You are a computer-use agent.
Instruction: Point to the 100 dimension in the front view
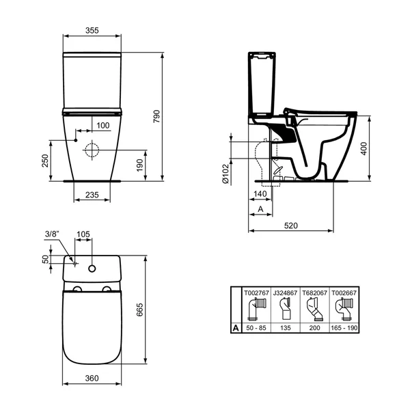coord(102,125)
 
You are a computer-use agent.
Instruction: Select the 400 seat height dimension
coord(364,148)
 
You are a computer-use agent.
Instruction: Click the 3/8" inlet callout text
coord(52,234)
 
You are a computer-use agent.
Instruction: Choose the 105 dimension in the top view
coord(83,234)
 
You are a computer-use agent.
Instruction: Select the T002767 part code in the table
coord(255,293)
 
